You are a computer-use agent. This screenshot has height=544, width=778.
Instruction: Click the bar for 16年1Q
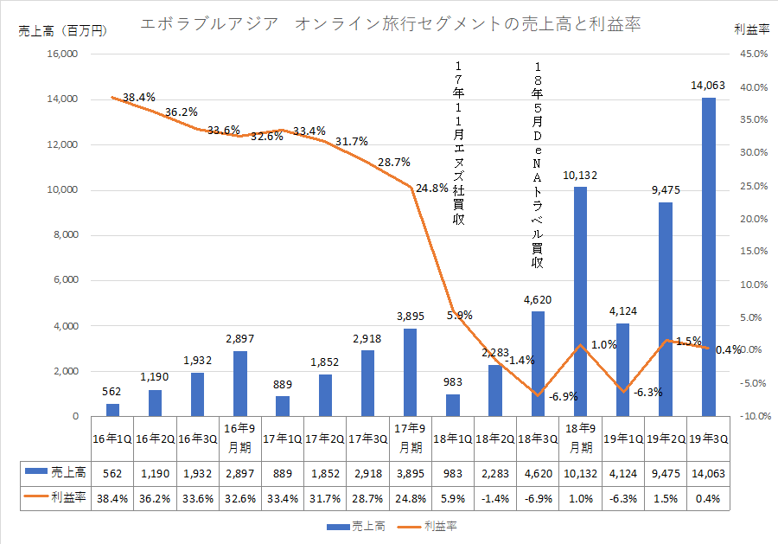[x=112, y=410]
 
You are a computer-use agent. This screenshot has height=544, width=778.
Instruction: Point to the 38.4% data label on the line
[x=139, y=98]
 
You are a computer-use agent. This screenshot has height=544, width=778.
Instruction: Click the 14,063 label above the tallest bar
[x=708, y=86]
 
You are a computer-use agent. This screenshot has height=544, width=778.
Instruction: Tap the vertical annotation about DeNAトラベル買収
[x=539, y=164]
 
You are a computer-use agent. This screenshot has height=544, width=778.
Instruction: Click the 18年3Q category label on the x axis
[x=538, y=439]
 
